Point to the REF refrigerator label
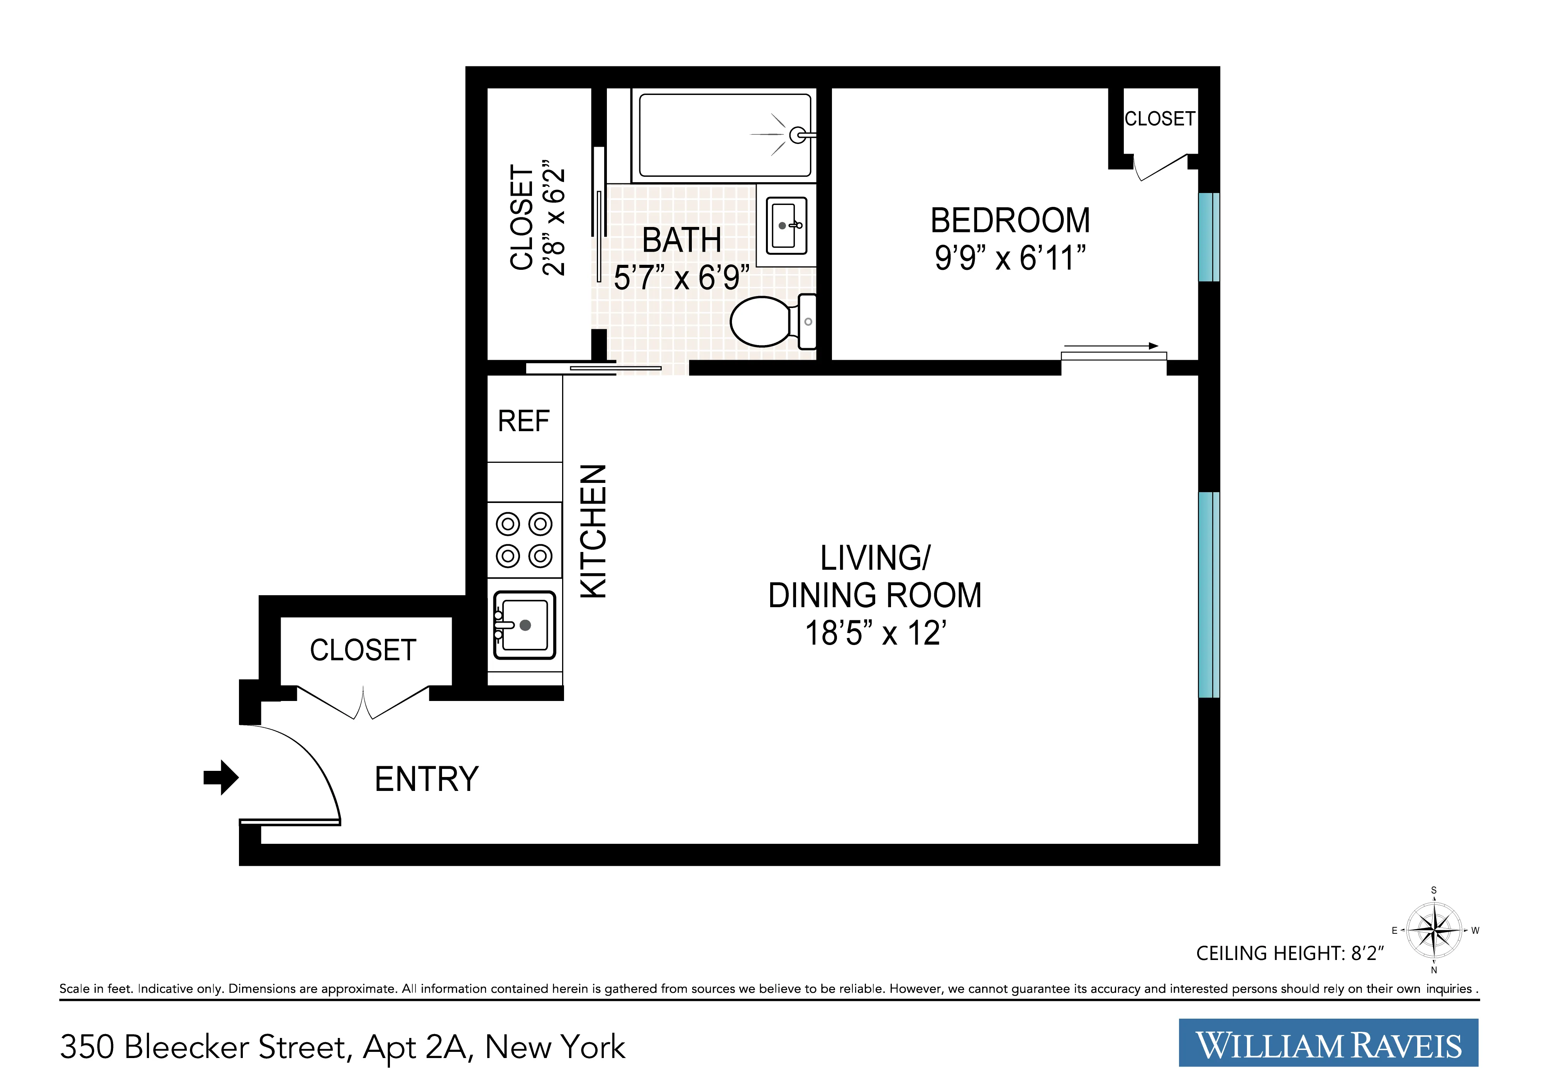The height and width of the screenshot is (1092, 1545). (523, 421)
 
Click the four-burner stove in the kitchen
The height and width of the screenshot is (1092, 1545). (524, 540)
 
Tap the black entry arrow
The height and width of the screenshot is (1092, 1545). (221, 778)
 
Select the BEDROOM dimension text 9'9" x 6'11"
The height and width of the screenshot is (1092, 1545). (1010, 258)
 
